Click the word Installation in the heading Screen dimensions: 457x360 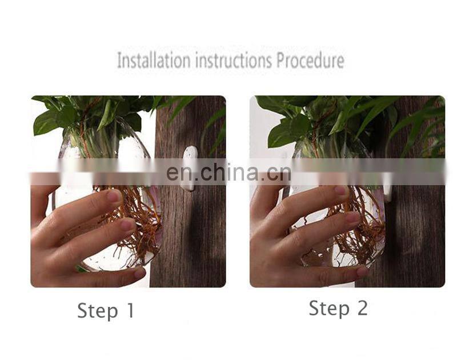tap(154, 60)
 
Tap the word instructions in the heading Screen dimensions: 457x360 tap(234, 60)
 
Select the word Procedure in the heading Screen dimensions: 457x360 tap(310, 60)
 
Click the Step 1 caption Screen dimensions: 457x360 tap(106, 311)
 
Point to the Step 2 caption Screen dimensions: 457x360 tap(338, 309)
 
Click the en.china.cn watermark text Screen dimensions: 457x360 tap(229, 172)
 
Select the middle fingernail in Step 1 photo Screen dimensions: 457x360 tap(127, 225)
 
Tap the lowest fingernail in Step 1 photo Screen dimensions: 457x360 tap(139, 273)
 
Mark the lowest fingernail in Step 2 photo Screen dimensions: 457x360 tap(362, 271)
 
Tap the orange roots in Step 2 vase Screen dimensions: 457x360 tap(359, 227)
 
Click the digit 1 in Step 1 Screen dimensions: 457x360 tap(130, 310)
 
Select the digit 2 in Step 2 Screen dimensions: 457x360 tap(362, 308)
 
